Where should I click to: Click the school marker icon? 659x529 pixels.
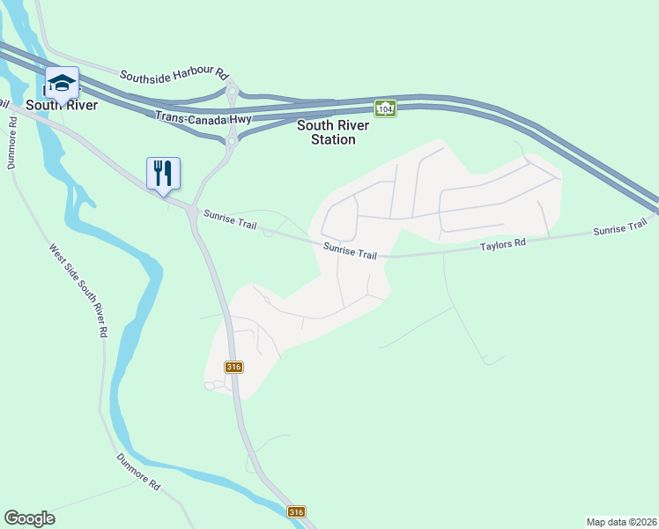point(62,84)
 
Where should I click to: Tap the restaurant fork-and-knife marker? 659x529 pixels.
point(162,172)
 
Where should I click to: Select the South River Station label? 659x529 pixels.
point(326,132)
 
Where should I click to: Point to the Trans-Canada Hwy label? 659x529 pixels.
point(204,117)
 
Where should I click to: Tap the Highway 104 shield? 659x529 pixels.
point(385,108)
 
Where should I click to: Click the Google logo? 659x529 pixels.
point(29,518)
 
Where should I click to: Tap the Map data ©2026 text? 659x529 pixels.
point(621,521)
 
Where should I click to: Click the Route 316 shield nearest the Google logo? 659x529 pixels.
point(296,511)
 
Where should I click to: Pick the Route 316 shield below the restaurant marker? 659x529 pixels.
point(233,367)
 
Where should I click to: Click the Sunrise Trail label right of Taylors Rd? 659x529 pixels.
point(620,230)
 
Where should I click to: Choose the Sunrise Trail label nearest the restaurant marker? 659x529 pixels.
point(230,220)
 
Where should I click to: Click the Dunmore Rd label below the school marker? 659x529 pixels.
point(12,141)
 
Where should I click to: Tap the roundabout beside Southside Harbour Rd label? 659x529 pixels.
point(233,90)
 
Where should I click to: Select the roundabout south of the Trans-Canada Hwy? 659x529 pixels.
point(233,139)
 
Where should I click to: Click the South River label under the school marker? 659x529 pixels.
point(61,104)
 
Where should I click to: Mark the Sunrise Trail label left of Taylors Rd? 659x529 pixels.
point(350,250)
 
